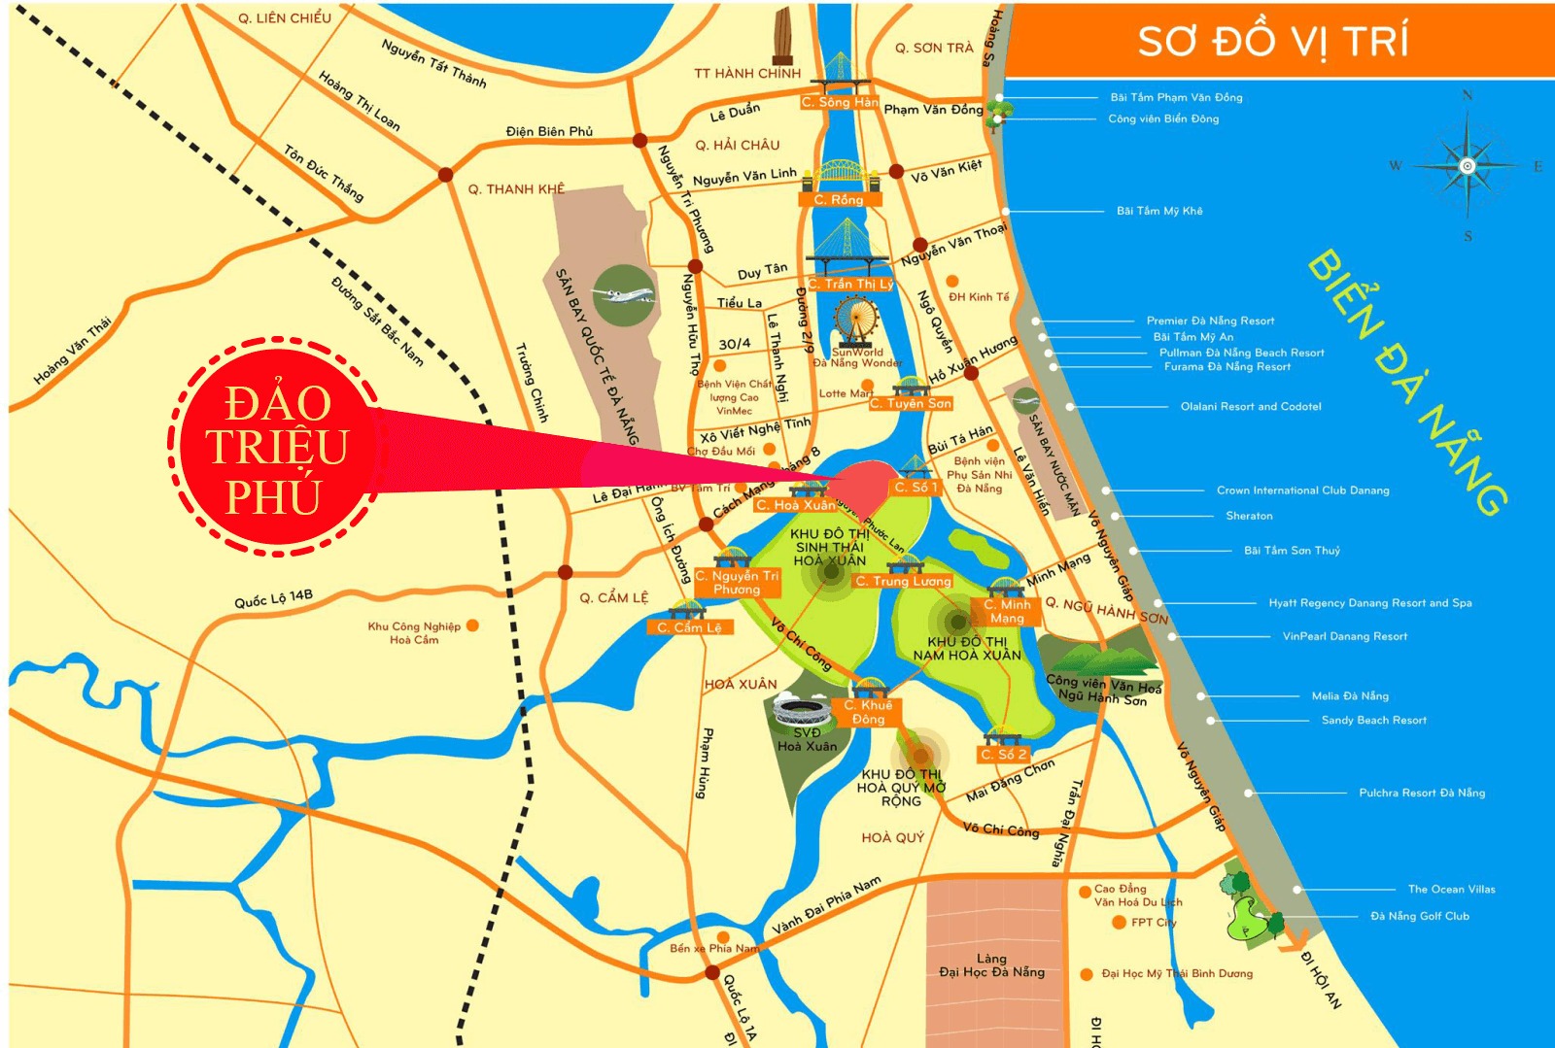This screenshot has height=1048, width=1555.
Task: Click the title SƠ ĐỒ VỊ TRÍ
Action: click(1273, 41)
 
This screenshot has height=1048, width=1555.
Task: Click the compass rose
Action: click(1468, 166)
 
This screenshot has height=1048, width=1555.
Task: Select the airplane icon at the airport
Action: click(623, 293)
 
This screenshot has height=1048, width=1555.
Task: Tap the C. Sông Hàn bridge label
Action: click(840, 102)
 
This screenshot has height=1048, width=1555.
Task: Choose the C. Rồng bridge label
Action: click(839, 199)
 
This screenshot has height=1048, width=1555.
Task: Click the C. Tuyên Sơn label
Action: click(911, 403)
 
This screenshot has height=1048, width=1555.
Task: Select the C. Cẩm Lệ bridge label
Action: click(689, 627)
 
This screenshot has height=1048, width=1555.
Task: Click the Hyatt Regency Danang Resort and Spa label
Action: click(1369, 603)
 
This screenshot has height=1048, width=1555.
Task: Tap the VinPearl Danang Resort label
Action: click(1344, 636)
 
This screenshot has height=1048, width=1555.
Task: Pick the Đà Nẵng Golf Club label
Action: click(1419, 916)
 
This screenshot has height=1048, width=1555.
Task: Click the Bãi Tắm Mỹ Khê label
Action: click(1159, 211)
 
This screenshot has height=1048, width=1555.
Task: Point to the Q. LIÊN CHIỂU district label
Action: click(285, 18)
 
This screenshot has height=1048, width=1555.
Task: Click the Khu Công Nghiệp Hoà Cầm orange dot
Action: click(472, 625)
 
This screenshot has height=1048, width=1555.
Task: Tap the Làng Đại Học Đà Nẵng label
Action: click(991, 965)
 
